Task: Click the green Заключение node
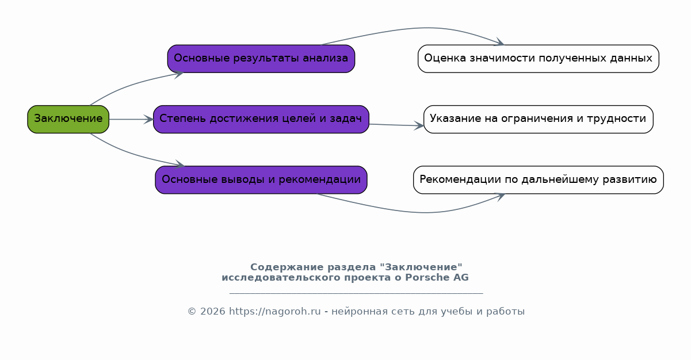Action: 68,119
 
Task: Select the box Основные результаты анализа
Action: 261,59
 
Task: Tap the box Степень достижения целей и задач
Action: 261,119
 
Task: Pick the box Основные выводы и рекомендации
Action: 261,179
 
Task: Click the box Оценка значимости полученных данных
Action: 539,59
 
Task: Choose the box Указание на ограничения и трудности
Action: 539,119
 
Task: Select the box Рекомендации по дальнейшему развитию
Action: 539,179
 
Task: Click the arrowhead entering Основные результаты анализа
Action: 179,74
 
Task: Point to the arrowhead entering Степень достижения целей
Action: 148,119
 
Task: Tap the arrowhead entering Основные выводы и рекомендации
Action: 180,164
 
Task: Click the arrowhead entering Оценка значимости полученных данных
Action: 499,42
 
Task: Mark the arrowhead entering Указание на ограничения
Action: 419,125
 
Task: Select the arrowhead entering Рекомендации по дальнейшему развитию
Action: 500,196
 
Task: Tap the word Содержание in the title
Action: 287,267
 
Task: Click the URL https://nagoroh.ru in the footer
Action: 275,311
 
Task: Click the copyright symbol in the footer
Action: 192,311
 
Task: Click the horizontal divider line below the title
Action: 356,293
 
